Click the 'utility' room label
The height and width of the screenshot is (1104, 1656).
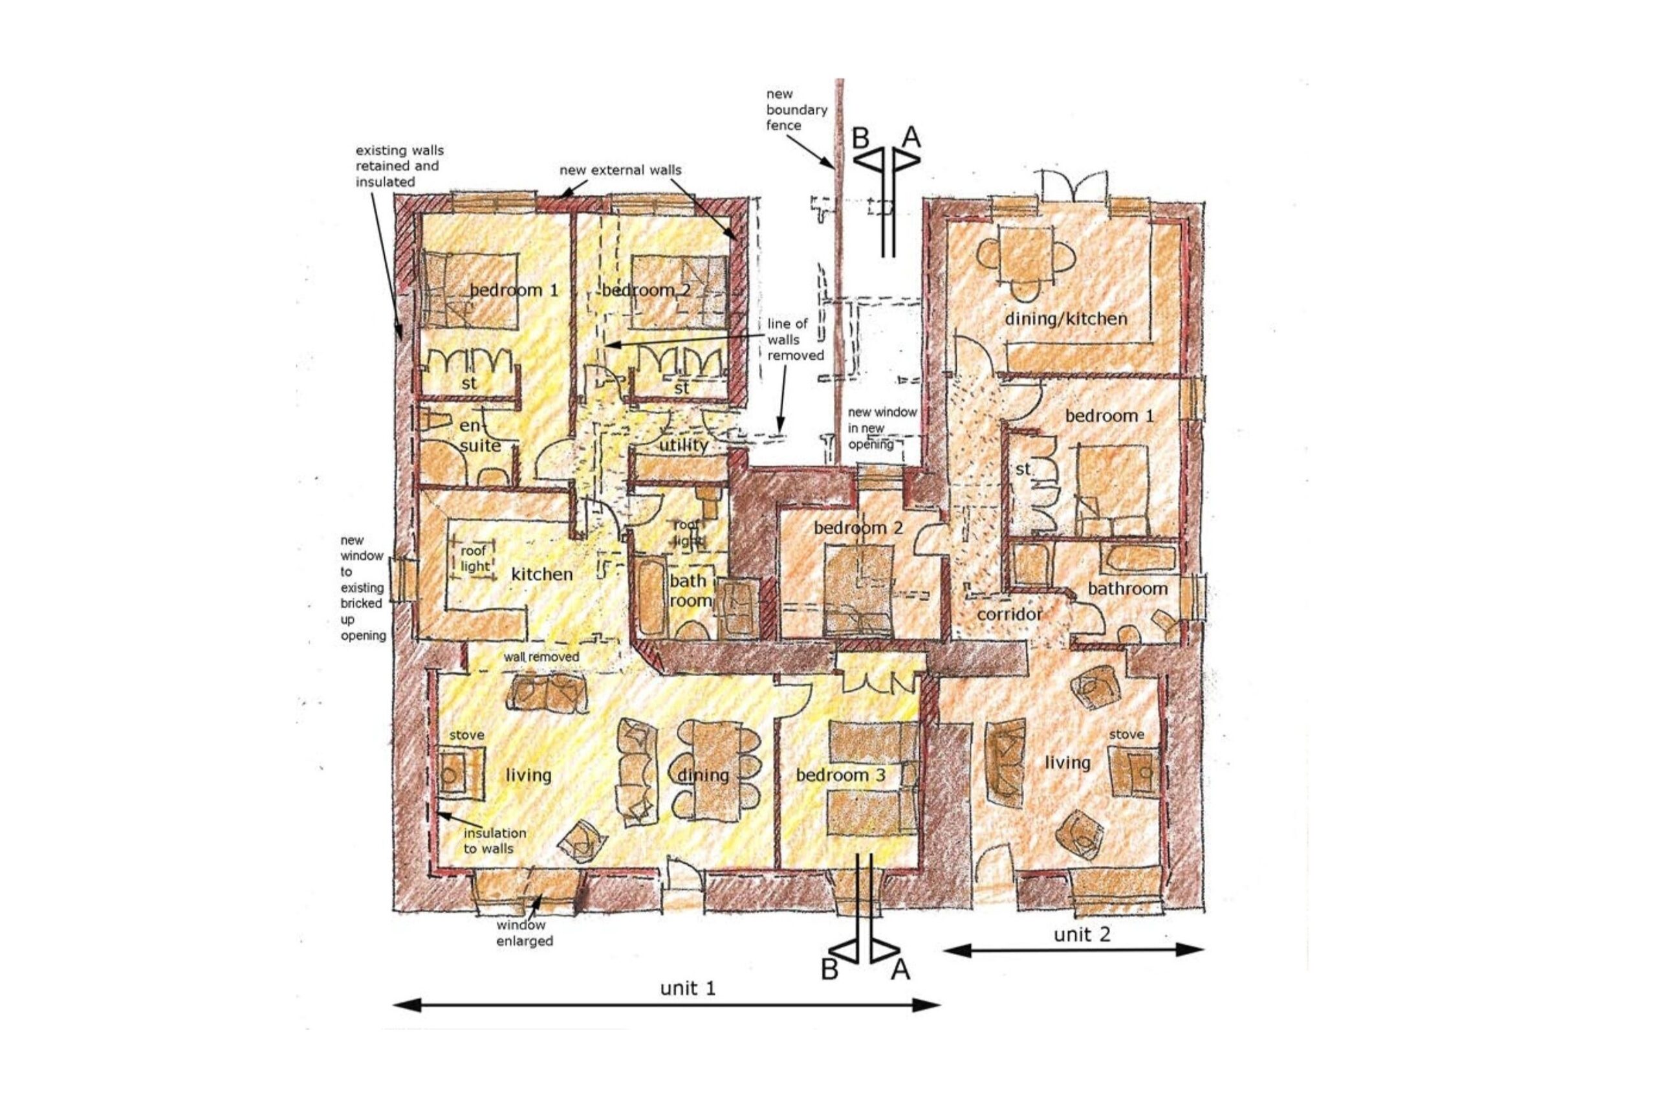(682, 445)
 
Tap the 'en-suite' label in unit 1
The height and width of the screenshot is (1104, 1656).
(480, 436)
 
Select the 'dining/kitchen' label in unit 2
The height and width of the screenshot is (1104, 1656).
(1065, 319)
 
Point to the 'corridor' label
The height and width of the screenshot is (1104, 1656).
(1009, 615)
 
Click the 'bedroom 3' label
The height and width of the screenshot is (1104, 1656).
(840, 775)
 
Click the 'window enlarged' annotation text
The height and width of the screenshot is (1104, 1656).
(525, 933)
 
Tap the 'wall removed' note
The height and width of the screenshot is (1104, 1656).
(541, 657)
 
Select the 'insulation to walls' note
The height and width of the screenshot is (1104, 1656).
(494, 841)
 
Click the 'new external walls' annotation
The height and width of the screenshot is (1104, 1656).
(620, 170)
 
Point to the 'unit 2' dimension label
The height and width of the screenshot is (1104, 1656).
(1082, 934)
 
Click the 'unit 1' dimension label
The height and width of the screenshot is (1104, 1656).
(688, 989)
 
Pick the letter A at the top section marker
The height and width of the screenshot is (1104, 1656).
(911, 137)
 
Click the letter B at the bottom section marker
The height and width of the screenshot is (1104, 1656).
(831, 970)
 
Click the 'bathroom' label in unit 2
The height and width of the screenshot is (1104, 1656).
(1128, 588)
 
